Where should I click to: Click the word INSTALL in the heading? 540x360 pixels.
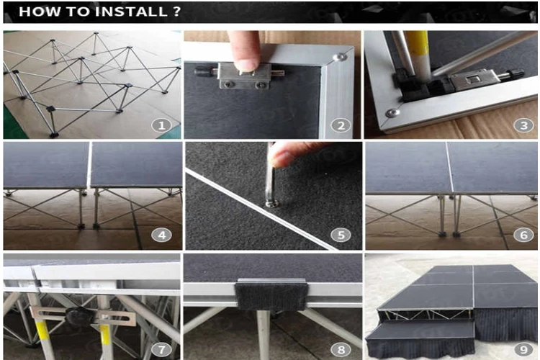[x=131, y=12]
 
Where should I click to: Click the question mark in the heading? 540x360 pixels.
[x=176, y=12]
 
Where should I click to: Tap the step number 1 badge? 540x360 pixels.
[x=161, y=125]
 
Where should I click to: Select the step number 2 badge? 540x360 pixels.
[x=341, y=125]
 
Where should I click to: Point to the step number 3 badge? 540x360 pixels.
[x=523, y=125]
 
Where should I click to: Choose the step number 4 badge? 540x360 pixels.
[x=161, y=235]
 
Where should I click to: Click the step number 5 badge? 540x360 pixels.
[x=341, y=235]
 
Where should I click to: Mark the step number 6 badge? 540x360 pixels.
[x=523, y=235]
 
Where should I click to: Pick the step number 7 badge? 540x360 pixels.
[x=161, y=350]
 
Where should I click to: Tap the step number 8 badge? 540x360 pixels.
[x=341, y=350]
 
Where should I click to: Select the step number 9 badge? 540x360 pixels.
[x=523, y=350]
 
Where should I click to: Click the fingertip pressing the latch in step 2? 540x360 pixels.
[x=246, y=64]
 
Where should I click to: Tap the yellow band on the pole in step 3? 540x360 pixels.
[x=417, y=41]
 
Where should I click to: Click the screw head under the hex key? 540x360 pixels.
[x=270, y=204]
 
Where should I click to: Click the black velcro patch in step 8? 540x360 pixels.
[x=271, y=295]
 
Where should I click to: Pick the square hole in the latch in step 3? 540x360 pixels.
[x=470, y=80]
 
